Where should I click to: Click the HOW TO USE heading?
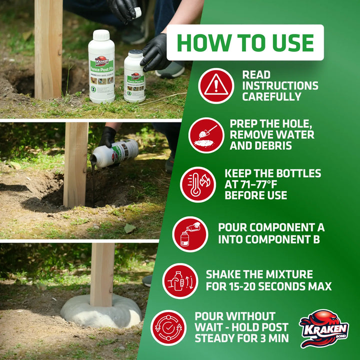[x=245, y=42]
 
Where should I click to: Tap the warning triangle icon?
[x=216, y=85]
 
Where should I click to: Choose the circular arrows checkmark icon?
[x=168, y=328]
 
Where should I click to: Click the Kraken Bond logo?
[x=324, y=328]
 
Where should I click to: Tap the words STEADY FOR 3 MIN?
[x=241, y=339]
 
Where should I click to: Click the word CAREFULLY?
[x=272, y=97]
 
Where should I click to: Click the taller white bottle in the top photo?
[x=101, y=66]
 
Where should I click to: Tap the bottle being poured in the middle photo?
[x=115, y=153]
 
